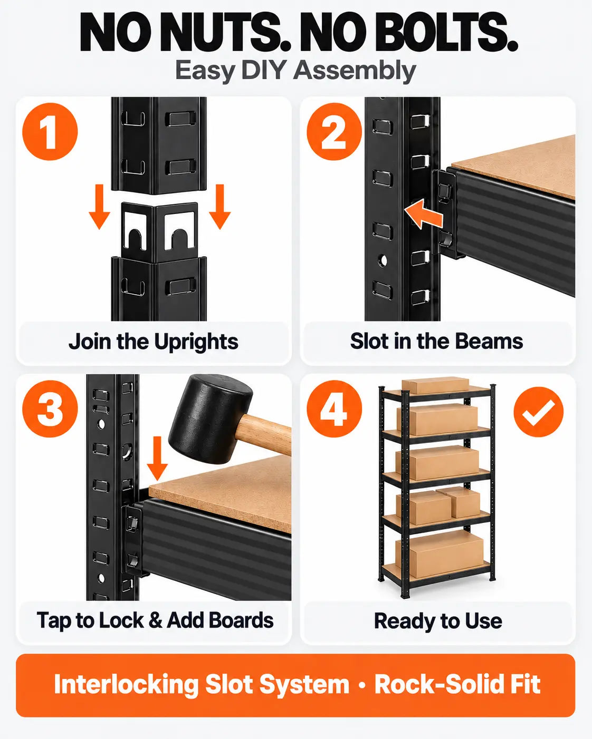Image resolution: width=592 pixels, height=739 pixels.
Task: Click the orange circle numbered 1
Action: [x=50, y=132]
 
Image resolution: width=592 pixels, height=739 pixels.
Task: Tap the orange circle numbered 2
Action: [x=334, y=132]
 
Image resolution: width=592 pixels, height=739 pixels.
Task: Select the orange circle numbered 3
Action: [x=50, y=409]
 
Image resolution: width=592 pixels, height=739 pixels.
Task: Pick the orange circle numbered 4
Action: [x=334, y=409]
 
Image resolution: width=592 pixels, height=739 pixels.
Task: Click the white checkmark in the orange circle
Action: [x=538, y=412]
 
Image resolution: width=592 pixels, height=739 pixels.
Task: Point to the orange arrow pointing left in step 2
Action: [x=423, y=215]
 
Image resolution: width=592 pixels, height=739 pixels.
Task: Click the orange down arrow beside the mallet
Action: [x=157, y=458]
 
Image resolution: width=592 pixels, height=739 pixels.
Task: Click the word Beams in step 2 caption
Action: [x=489, y=342]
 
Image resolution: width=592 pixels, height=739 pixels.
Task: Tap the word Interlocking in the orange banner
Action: [x=126, y=684]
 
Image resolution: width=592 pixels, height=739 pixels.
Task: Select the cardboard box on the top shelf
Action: [x=435, y=386]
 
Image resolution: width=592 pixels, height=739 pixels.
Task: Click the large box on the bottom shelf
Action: [x=440, y=548]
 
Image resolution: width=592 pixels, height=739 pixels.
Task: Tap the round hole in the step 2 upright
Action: [x=383, y=260]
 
